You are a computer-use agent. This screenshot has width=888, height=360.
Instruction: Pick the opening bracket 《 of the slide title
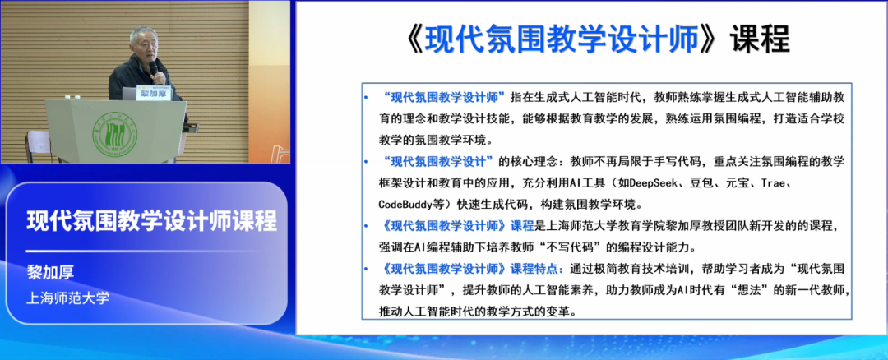[409, 39]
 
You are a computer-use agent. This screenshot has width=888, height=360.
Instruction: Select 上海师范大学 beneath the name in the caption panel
[68, 297]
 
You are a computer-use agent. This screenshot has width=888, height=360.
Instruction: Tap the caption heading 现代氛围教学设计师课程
[151, 222]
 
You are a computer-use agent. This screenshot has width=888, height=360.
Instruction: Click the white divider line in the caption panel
[123, 250]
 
